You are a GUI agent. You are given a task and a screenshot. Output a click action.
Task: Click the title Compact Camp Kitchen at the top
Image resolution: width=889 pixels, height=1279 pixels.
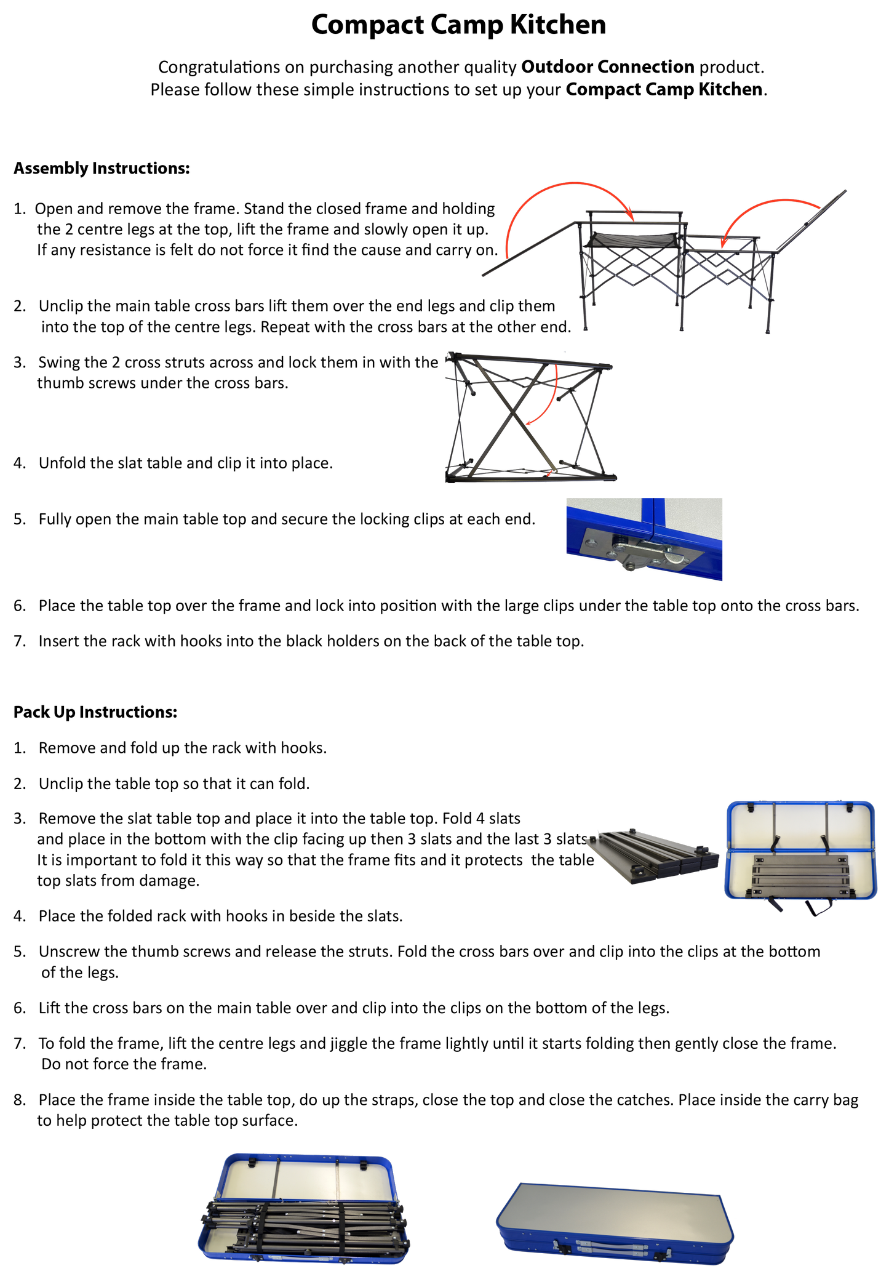click(458, 25)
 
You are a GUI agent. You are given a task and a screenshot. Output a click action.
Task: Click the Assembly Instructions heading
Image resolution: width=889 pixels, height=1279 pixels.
click(102, 168)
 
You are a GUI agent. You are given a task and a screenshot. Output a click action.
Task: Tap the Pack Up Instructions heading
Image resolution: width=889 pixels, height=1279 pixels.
click(95, 712)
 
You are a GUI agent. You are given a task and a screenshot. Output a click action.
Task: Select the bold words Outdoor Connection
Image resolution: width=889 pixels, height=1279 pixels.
click(608, 66)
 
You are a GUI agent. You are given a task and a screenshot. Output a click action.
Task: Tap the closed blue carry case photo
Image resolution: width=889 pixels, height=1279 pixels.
click(615, 1222)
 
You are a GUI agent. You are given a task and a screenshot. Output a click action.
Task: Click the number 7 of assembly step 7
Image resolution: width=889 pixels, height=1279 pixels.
click(19, 641)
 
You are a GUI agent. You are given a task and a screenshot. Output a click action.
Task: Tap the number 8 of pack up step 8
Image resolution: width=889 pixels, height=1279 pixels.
click(19, 1100)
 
